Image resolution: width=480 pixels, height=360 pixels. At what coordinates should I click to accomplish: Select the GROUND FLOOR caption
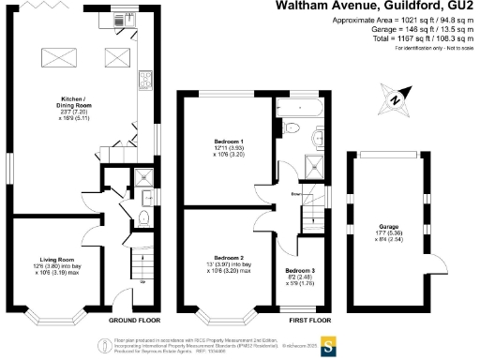(130, 320)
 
